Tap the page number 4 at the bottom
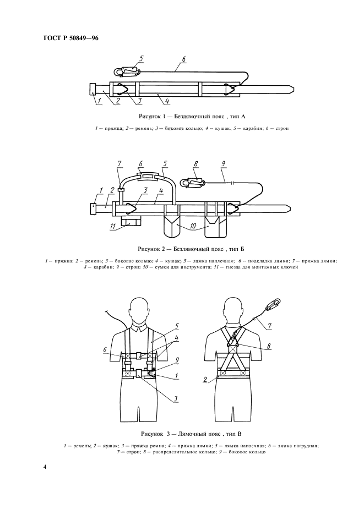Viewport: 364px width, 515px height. pyautogui.click(x=45, y=467)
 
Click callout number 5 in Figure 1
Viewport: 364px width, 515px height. pyautogui.click(x=142, y=58)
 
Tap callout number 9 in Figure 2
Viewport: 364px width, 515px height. pyautogui.click(x=224, y=163)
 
